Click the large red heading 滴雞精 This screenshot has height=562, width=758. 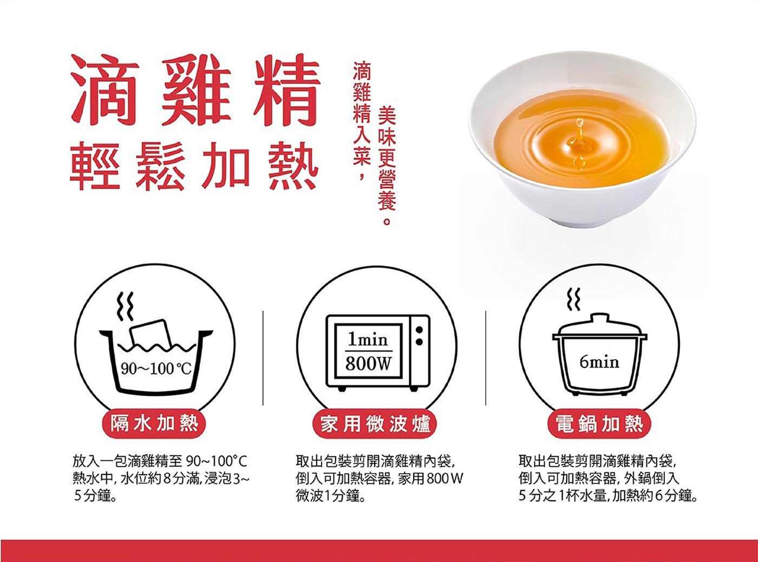click(x=195, y=90)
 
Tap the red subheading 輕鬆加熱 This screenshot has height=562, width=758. click(x=194, y=166)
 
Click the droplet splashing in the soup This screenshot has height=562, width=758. click(x=579, y=144)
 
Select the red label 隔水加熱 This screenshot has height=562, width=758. click(x=154, y=424)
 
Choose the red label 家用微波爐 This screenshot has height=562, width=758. click(x=375, y=424)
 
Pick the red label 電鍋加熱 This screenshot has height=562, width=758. click(x=599, y=424)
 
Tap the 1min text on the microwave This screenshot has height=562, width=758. click(x=368, y=340)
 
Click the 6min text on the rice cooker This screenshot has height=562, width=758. click(x=599, y=362)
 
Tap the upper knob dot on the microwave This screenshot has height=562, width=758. click(x=419, y=330)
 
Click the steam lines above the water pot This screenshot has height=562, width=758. click(x=125, y=305)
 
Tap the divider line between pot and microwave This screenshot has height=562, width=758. click(x=263, y=358)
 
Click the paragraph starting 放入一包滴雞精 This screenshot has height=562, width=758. click(x=161, y=479)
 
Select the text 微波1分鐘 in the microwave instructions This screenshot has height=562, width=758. click(x=330, y=496)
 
